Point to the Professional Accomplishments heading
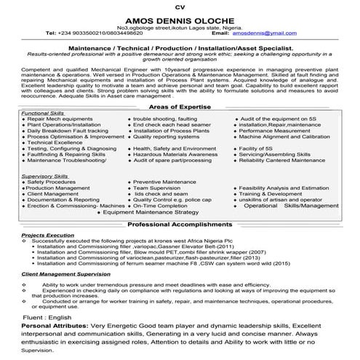[179, 225]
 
